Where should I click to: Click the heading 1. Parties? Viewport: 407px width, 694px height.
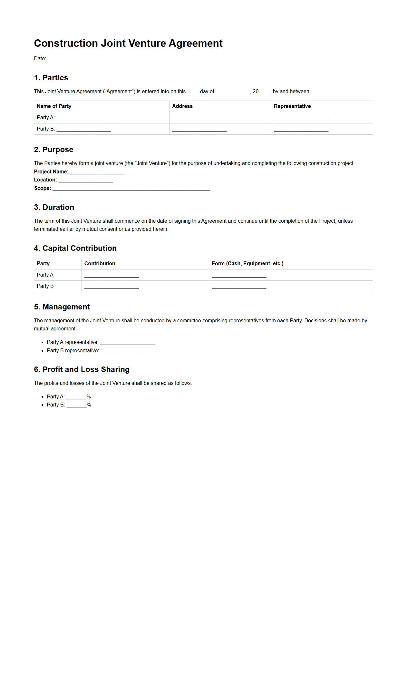[51, 78]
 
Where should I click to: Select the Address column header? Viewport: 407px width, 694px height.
[182, 106]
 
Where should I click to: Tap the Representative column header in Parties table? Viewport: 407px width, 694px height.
[292, 106]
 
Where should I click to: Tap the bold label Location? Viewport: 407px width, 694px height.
[45, 180]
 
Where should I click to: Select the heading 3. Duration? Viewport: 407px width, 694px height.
[54, 207]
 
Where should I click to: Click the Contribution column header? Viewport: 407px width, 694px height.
[100, 264]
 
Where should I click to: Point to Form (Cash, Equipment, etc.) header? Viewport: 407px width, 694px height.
[247, 264]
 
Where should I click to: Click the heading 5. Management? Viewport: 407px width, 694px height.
[62, 307]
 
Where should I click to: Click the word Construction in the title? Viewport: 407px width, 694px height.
[66, 43]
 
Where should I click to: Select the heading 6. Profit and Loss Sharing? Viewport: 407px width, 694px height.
[82, 369]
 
